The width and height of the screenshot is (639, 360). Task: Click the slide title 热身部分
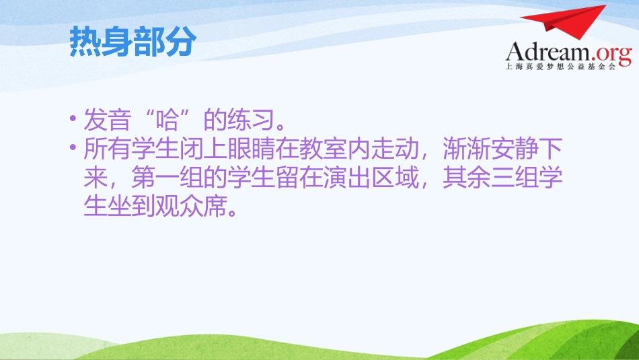133,42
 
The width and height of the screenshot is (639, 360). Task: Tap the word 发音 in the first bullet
105,120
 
